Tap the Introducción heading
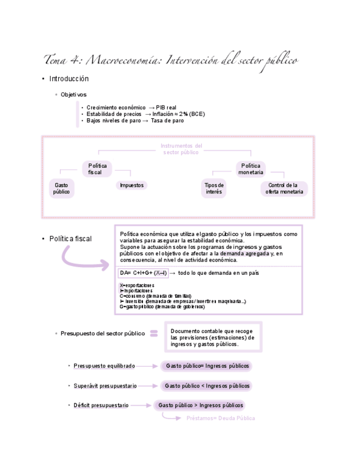click(x=69, y=79)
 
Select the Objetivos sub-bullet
click(x=73, y=95)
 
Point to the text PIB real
click(x=167, y=107)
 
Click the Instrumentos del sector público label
click(x=181, y=149)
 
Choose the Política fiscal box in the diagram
click(x=98, y=169)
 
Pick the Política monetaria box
click(x=251, y=169)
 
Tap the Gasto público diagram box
click(x=62, y=188)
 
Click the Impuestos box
click(x=131, y=185)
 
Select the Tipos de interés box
click(x=214, y=188)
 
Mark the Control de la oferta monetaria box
click(x=284, y=188)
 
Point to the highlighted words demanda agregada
click(x=245, y=253)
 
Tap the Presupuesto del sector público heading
click(x=102, y=333)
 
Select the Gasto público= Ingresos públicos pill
click(x=207, y=365)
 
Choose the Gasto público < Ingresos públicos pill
click(x=207, y=386)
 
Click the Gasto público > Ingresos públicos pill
click(x=200, y=406)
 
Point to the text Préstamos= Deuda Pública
click(x=220, y=418)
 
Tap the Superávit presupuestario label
click(x=105, y=386)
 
